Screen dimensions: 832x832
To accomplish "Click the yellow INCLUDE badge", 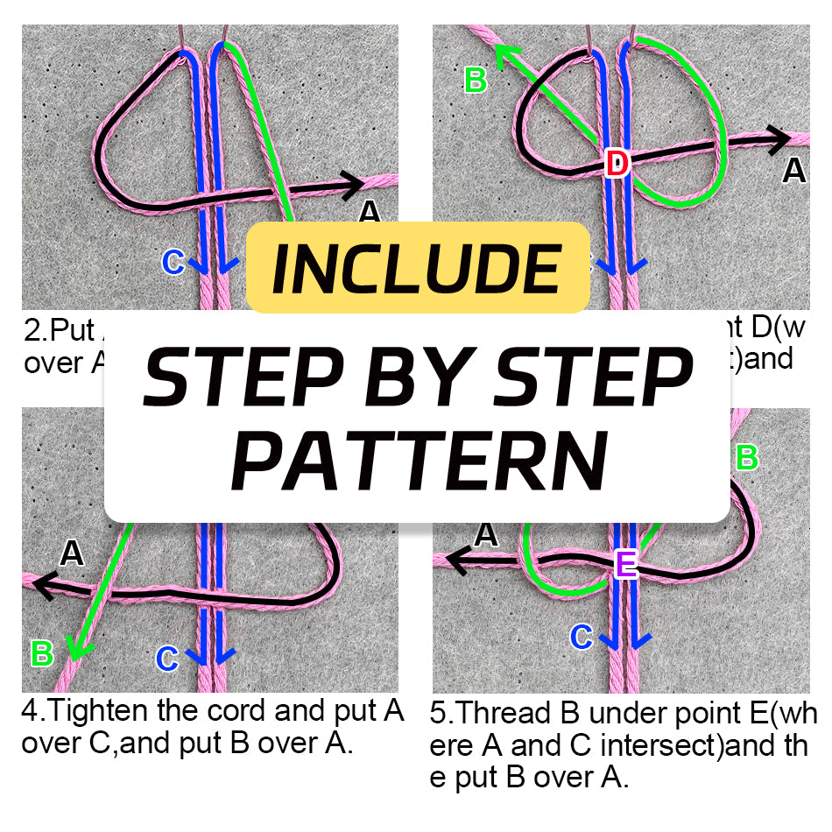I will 417,268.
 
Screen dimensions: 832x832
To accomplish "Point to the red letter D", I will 617,162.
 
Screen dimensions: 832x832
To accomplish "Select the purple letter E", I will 626,564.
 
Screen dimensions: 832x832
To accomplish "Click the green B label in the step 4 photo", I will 41,652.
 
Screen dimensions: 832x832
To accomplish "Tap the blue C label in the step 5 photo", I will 581,637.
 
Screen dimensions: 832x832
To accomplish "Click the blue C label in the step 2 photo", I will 173,262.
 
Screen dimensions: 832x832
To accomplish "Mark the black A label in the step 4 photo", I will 71,553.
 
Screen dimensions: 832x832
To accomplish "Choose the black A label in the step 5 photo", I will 485,533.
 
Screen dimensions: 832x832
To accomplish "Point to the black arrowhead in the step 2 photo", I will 352,185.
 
